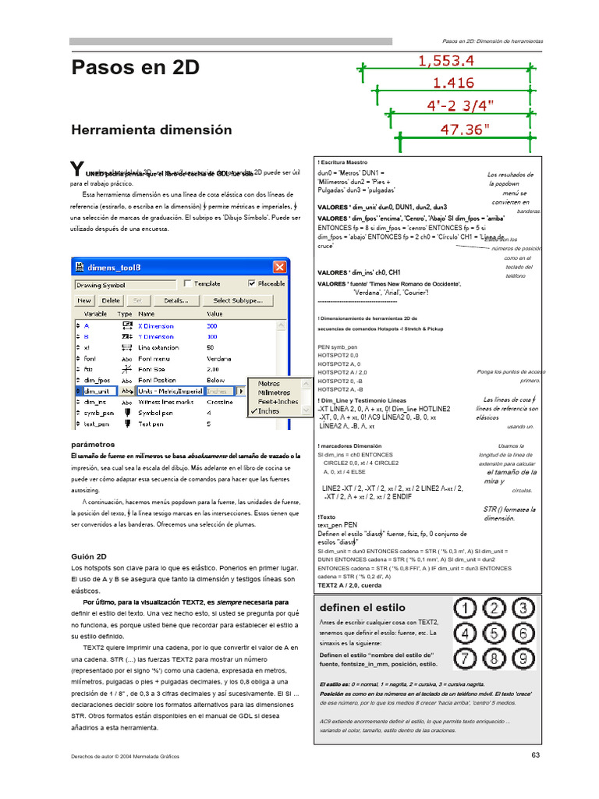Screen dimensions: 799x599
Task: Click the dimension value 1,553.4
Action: (446, 60)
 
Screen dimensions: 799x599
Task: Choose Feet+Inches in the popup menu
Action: (273, 402)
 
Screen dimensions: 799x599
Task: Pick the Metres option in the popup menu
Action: (268, 384)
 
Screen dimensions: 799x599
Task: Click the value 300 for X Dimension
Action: (211, 325)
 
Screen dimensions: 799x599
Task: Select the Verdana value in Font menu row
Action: (218, 358)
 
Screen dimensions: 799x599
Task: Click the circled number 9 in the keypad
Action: (523, 659)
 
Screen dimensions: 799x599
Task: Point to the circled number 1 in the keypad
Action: (467, 608)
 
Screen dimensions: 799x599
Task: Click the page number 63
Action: (535, 755)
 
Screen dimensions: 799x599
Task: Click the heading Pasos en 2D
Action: (135, 68)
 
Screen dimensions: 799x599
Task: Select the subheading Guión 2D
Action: (89, 556)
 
